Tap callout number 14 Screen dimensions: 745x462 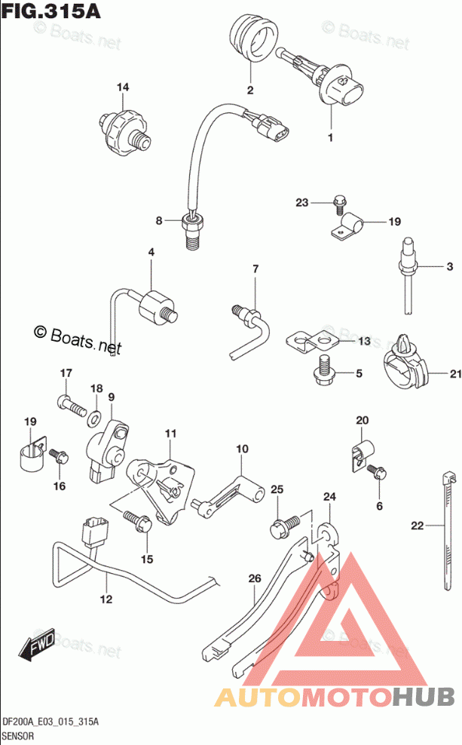pos(122,87)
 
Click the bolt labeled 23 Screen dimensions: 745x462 pos(338,201)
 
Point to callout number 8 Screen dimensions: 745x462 pos(159,220)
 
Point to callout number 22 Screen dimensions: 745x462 pos(417,525)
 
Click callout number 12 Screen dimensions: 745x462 pos(106,599)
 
